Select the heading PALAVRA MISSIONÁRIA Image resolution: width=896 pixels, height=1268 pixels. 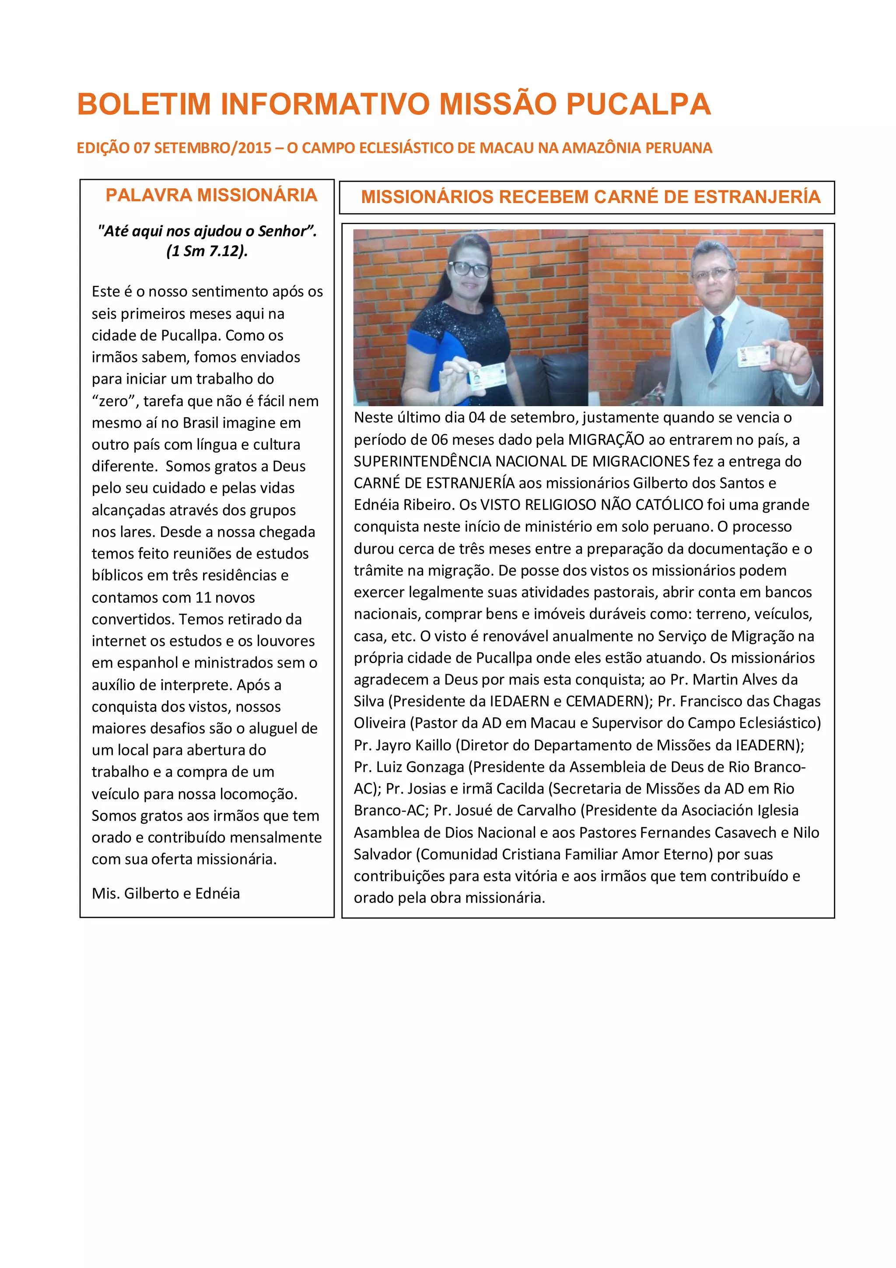211,195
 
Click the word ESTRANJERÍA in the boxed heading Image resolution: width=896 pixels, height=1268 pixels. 757,197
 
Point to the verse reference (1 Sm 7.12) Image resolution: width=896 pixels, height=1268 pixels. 207,251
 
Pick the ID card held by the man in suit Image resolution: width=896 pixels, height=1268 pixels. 756,356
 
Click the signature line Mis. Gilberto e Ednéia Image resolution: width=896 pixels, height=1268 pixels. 166,893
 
